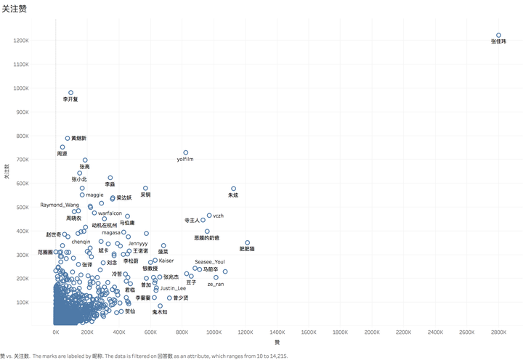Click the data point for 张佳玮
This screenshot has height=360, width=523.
pos(498,35)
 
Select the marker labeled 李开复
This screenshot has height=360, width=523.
pos(70,93)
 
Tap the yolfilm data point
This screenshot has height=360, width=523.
pos(186,152)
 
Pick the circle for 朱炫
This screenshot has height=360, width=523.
pos(233,189)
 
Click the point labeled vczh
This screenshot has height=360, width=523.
pos(209,216)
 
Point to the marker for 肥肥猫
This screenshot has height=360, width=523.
pos(247,242)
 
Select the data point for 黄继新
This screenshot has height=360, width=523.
pos(68,138)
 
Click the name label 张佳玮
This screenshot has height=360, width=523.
pos(498,42)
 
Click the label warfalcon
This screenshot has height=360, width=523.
pos(110,213)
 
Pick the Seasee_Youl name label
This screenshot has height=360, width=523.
pos(210,261)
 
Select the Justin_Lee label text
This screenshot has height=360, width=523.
pos(173,288)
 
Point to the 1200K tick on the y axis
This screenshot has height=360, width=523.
pos(20,41)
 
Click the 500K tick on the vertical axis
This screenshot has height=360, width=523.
pos(22,207)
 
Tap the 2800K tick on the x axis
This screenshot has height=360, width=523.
pos(498,332)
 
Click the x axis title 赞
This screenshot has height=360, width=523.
pos(277,342)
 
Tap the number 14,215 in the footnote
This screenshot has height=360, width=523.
pos(277,356)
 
